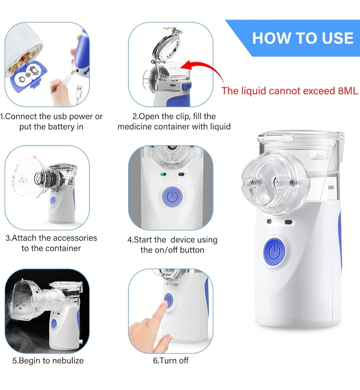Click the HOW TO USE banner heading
(303, 38)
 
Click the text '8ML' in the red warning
(348, 91)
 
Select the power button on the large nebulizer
(274, 251)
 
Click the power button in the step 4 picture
(172, 197)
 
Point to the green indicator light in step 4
(163, 174)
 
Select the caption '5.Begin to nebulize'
(48, 361)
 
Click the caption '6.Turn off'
(171, 360)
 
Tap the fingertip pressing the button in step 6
(164, 303)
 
